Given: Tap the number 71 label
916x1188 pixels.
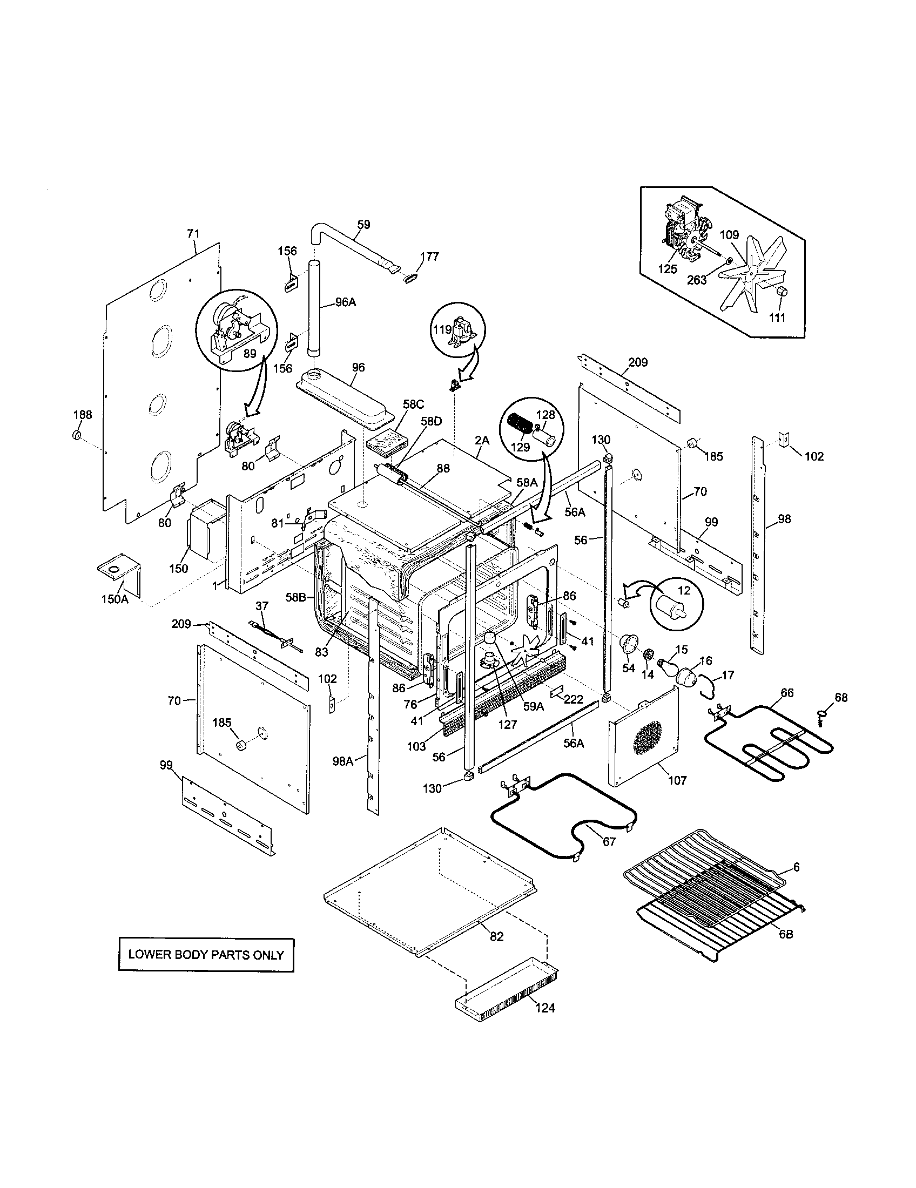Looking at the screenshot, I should click(193, 233).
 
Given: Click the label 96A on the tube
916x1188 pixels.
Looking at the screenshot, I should click(346, 302).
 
